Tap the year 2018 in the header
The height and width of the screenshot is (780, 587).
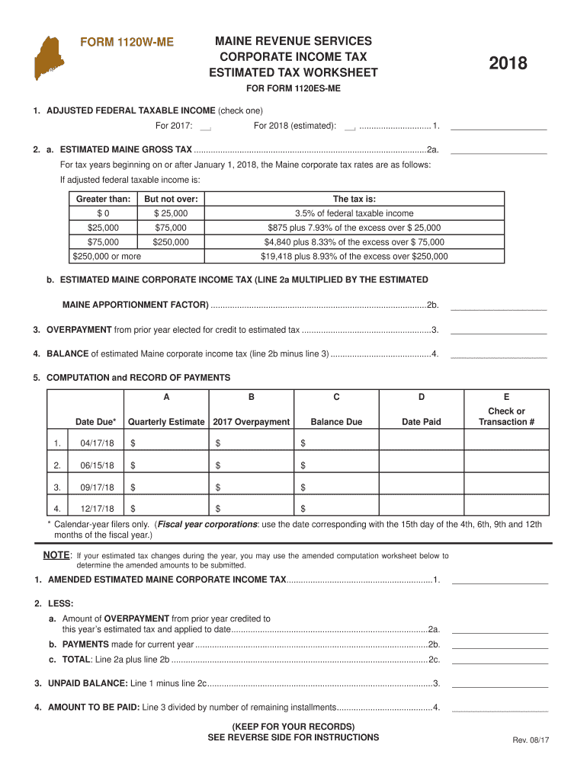click(508, 64)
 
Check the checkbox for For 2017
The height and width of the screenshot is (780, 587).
click(205, 126)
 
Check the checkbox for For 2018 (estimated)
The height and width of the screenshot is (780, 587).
click(351, 126)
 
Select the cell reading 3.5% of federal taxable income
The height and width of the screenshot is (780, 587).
click(354, 213)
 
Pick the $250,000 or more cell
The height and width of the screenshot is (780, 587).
click(104, 257)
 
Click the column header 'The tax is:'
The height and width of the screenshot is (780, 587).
click(354, 199)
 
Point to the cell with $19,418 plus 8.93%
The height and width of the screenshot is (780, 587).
click(354, 257)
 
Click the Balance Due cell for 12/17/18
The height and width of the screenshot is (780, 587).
click(336, 509)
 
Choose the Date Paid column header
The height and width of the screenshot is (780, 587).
click(422, 421)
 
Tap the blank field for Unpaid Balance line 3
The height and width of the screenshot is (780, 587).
click(500, 682)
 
